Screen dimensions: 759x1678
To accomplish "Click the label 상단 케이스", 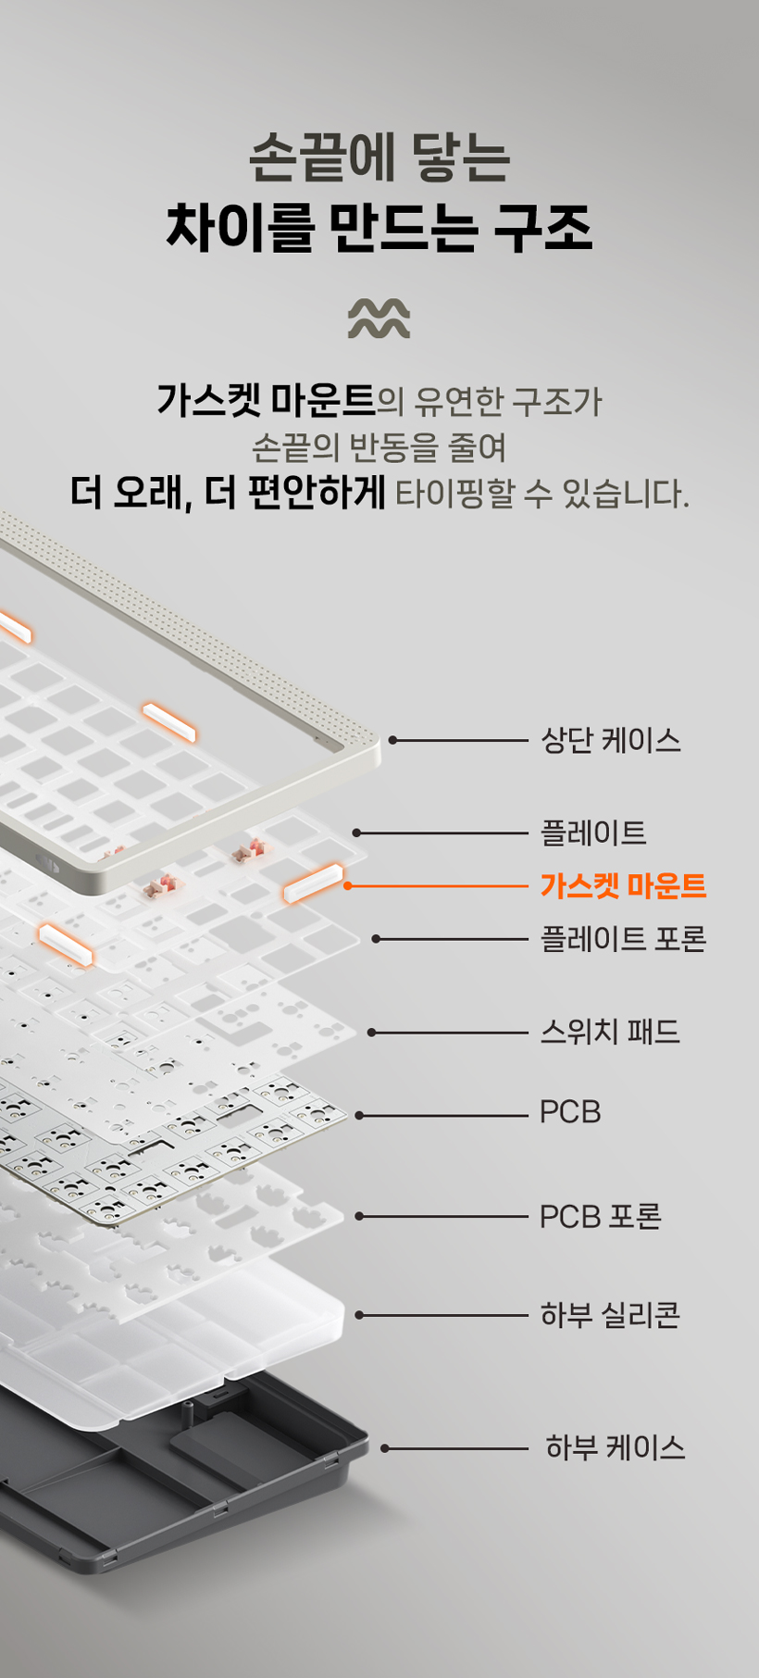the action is (x=611, y=740).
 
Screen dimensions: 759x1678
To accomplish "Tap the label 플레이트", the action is (x=593, y=833).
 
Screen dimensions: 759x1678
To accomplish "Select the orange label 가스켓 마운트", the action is (x=624, y=886).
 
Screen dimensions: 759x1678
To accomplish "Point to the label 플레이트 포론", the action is (x=624, y=939).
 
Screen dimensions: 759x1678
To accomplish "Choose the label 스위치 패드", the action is (x=610, y=1032).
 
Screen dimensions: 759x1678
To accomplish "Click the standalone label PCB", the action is (x=570, y=1112).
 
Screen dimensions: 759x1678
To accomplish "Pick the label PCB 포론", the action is (x=601, y=1217).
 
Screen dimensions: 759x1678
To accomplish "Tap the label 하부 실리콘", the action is (x=611, y=1315).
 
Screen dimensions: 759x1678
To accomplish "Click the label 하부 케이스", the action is (x=616, y=1447).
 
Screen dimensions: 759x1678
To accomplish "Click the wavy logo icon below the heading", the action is (x=379, y=319).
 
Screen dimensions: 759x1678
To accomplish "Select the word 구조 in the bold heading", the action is (x=542, y=228).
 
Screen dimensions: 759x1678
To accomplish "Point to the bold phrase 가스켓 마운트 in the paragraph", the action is (x=266, y=400).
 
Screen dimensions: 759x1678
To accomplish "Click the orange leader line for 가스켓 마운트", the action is (x=438, y=886).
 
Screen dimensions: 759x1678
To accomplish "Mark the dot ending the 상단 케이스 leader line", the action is (x=392, y=740).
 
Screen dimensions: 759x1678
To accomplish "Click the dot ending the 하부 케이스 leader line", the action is (x=385, y=1448).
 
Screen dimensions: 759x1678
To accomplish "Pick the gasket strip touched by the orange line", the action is (x=313, y=883).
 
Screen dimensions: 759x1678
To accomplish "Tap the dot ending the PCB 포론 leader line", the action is (x=359, y=1217).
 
